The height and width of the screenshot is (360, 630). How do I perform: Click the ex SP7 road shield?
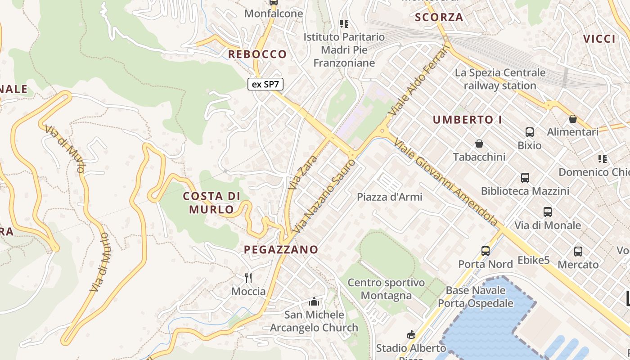pyautogui.click(x=265, y=84)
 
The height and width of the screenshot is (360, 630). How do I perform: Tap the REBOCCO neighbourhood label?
pyautogui.click(x=257, y=54)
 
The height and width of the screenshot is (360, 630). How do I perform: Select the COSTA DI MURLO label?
pyautogui.click(x=211, y=202)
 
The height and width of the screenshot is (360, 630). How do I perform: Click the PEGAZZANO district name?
pyautogui.click(x=281, y=249)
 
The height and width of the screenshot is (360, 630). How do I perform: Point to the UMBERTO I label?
pyautogui.click(x=467, y=120)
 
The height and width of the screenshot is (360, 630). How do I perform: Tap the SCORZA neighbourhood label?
pyautogui.click(x=439, y=18)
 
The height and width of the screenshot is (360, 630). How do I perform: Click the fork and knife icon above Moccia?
pyautogui.click(x=248, y=278)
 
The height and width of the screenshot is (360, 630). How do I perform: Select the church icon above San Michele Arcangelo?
pyautogui.click(x=314, y=301)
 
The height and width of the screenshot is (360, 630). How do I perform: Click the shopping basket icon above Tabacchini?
pyautogui.click(x=479, y=144)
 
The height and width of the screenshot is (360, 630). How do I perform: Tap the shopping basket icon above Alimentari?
pyautogui.click(x=573, y=119)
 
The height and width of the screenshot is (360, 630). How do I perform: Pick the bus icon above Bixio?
pyautogui.click(x=530, y=132)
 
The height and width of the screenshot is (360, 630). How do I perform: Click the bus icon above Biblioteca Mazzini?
pyautogui.click(x=525, y=178)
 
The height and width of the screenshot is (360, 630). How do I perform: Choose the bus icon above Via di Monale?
pyautogui.click(x=548, y=212)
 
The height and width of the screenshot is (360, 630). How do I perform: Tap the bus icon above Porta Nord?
pyautogui.click(x=486, y=251)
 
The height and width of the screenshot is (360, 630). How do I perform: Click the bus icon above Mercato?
pyautogui.click(x=578, y=252)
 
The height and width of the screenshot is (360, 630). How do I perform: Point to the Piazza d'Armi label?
pyautogui.click(x=389, y=197)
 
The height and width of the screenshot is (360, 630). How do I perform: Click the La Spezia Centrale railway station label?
pyautogui.click(x=500, y=79)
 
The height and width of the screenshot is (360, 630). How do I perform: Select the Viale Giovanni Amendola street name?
pyautogui.click(x=445, y=182)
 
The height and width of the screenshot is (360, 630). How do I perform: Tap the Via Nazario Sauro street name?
pyautogui.click(x=324, y=195)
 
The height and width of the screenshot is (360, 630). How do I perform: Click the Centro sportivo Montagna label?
pyautogui.click(x=386, y=289)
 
